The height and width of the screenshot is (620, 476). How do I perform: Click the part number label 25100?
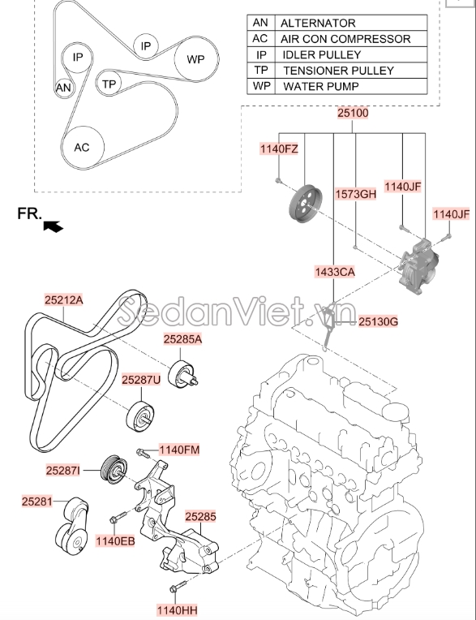[354, 114]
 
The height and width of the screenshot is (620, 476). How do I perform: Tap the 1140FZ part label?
[279, 149]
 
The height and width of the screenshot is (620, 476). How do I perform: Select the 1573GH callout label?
[356, 194]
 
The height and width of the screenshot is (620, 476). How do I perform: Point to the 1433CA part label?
[336, 273]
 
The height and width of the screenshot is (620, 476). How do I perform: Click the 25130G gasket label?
[379, 322]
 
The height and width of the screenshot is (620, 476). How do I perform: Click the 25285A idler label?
[182, 340]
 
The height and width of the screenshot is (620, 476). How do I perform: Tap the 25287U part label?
[142, 379]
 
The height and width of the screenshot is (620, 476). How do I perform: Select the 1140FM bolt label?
[179, 450]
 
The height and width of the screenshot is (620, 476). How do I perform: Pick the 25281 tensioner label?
[37, 502]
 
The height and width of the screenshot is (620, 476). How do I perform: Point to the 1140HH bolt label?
[178, 609]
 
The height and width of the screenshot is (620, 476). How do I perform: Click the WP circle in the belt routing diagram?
[196, 59]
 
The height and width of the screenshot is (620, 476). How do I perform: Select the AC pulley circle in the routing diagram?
[82, 148]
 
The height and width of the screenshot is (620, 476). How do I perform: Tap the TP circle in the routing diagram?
[109, 84]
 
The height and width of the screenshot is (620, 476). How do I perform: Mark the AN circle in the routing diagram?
[62, 88]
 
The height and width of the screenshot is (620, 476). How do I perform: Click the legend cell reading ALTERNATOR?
[316, 24]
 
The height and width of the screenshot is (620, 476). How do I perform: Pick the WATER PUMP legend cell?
[320, 85]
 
